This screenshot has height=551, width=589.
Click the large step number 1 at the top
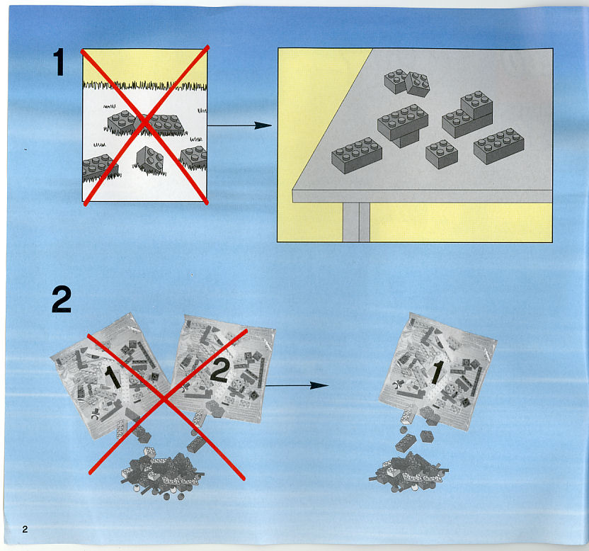59,62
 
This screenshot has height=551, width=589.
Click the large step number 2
61,299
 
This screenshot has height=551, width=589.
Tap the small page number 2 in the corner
25,529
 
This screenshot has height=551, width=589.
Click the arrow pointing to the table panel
239,125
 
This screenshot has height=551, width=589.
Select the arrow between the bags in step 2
297,385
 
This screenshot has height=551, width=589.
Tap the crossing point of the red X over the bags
165,399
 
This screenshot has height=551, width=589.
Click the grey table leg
356,222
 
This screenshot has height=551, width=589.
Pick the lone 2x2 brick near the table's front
441,154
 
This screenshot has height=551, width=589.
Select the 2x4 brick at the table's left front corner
357,155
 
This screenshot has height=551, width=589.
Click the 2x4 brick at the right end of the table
499,146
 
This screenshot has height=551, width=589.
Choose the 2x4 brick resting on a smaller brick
403,122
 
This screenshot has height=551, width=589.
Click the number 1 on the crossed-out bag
112,377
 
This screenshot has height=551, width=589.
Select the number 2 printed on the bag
219,370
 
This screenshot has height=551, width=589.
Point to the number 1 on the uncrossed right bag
437,373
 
